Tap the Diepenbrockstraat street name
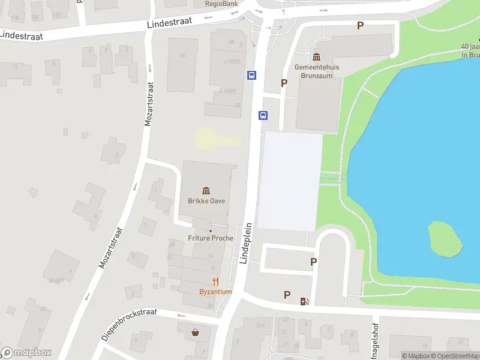click(129, 324)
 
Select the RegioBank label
click(221, 4)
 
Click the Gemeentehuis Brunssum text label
click(317, 71)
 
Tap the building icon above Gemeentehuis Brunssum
click(317, 57)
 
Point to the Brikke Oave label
click(206, 201)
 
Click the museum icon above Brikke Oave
click(206, 190)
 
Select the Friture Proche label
click(210, 238)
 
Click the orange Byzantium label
click(215, 292)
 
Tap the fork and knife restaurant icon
click(215, 281)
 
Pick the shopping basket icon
click(195, 332)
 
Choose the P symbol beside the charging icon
click(287, 295)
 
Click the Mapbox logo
click(26, 353)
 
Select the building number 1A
click(183, 55)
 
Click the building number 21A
click(260, 326)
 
